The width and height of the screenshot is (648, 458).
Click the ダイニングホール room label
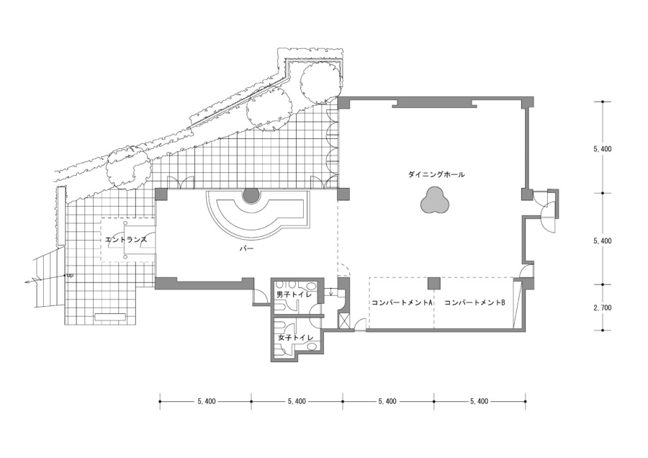click(436, 174)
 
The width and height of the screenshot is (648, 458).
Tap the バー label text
click(247, 248)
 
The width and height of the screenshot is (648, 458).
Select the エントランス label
click(126, 239)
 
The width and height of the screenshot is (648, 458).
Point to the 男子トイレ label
click(294, 295)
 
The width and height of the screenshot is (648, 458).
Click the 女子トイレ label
click(295, 337)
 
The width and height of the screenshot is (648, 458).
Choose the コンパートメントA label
click(402, 302)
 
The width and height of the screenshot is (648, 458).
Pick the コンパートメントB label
click(475, 302)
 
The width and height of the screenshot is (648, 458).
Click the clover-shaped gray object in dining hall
click(434, 200)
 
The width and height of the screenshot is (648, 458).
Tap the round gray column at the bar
click(251, 194)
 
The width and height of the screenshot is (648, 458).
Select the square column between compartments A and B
click(434, 283)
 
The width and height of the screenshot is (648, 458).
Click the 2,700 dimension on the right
click(603, 308)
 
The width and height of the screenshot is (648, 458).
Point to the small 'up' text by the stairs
click(70, 275)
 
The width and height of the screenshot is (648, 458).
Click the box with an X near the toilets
click(344, 322)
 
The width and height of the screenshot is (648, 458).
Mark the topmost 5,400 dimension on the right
click(603, 149)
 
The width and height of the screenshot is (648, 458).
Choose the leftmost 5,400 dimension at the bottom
click(207, 401)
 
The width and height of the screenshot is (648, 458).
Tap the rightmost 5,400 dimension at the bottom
click(480, 401)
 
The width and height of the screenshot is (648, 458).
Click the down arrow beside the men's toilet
click(331, 291)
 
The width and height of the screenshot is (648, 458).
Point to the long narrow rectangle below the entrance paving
click(110, 317)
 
